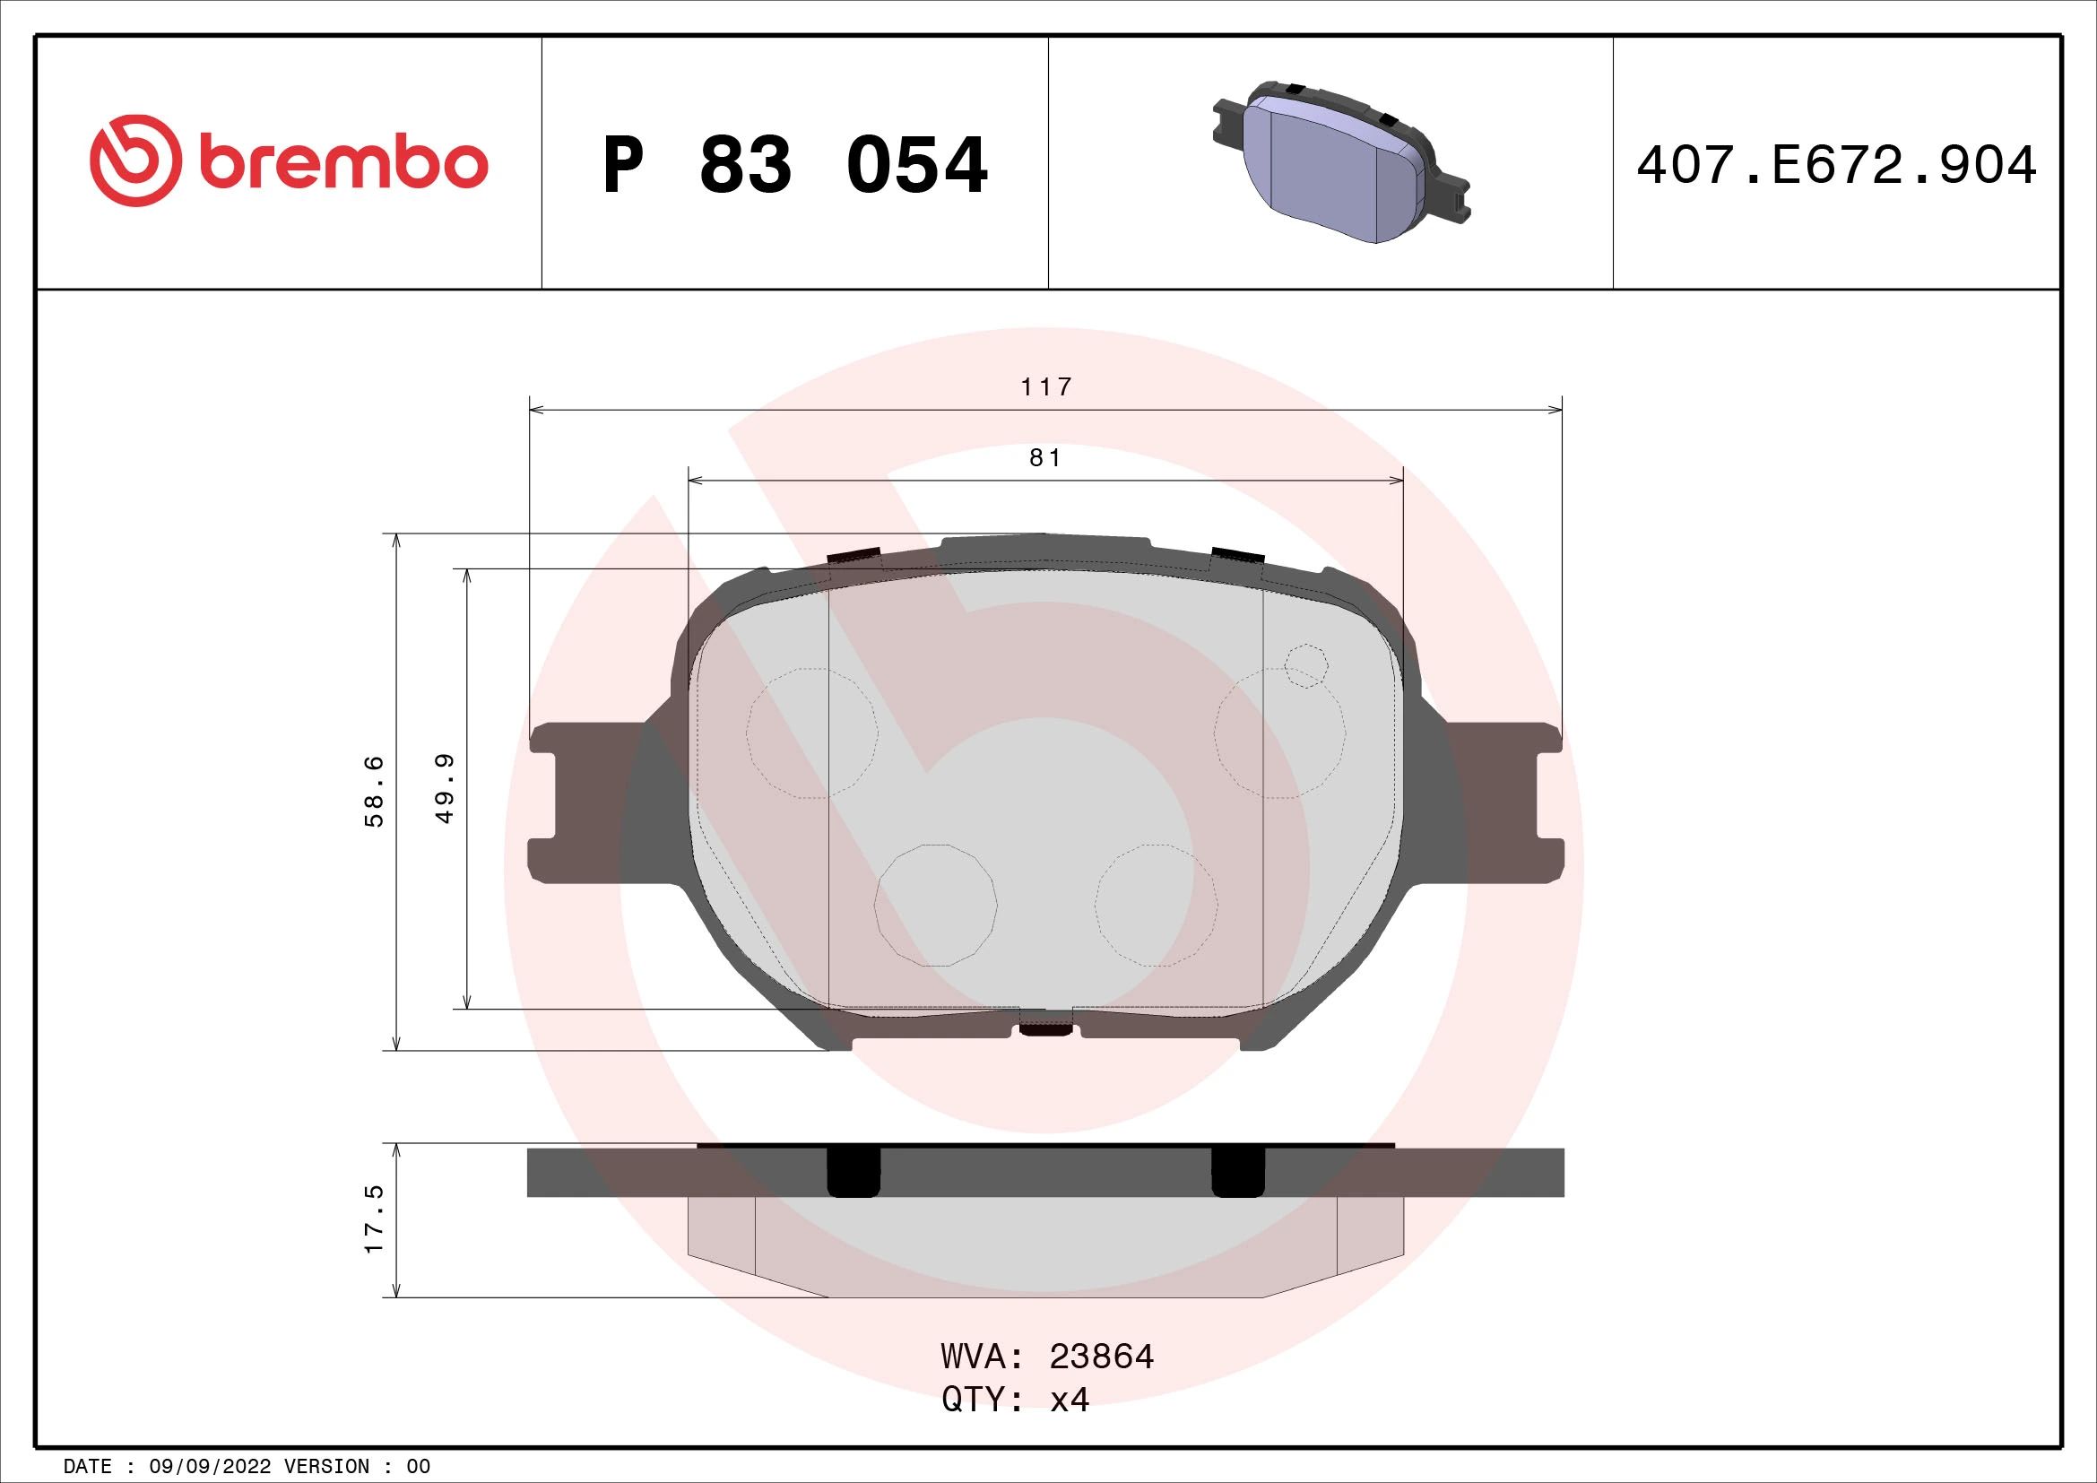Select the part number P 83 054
pos(794,165)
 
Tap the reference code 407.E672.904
pos(1836,165)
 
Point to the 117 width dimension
pos(1045,387)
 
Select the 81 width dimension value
pos(1045,457)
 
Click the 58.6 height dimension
pos(375,791)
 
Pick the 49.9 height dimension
pos(445,788)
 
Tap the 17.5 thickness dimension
pos(375,1219)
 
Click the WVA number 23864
pos(1102,1357)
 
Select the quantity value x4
pos(1070,1400)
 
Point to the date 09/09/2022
pos(209,1467)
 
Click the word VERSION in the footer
pos(327,1467)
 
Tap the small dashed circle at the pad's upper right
pos(1305,664)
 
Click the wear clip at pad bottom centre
pos(1045,1030)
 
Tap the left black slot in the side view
pos(853,1173)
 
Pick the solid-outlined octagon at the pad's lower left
pos(935,905)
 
